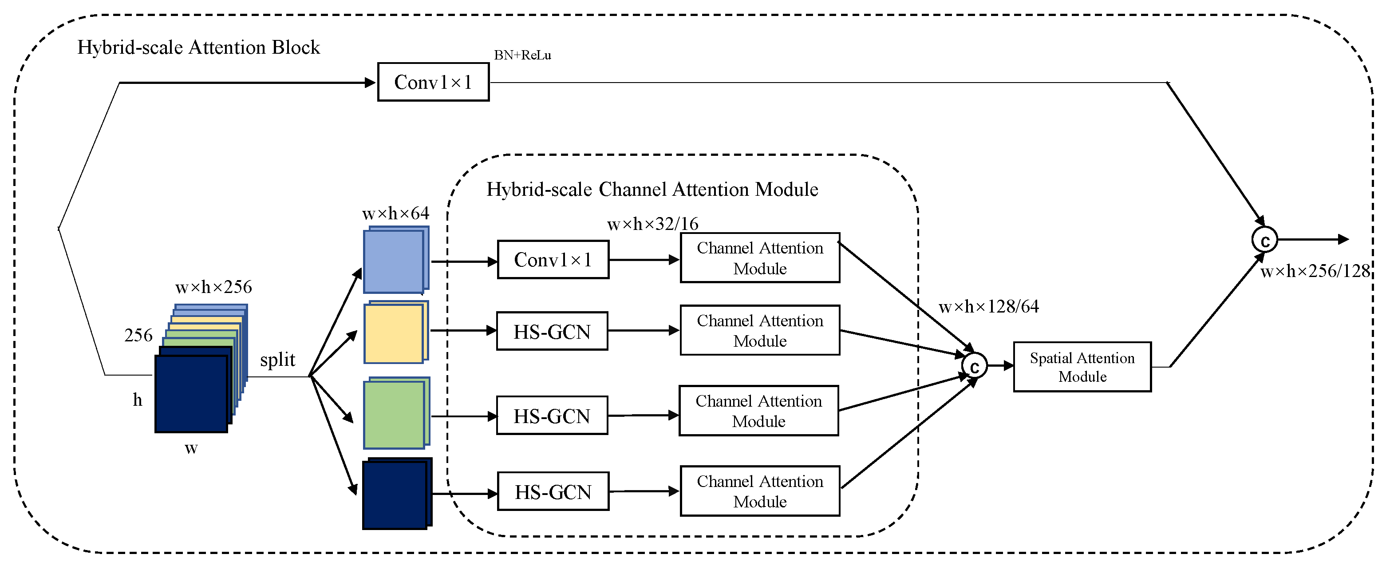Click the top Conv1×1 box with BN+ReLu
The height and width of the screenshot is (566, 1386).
433,82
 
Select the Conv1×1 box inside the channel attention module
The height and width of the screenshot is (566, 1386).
553,260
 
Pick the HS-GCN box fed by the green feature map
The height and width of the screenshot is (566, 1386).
552,416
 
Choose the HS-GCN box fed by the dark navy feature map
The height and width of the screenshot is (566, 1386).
553,491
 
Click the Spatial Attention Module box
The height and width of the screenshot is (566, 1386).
1082,367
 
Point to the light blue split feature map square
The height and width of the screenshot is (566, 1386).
394,261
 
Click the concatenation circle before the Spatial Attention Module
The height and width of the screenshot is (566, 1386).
975,366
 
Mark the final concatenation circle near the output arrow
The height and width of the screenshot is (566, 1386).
1264,240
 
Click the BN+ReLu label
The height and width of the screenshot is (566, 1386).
522,55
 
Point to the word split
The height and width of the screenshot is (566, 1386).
278,360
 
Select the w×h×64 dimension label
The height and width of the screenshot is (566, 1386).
395,214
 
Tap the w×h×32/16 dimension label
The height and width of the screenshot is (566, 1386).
653,224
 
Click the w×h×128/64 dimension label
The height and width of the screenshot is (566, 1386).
989,307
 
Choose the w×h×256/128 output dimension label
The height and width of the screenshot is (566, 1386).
1315,271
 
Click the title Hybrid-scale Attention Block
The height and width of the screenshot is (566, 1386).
198,47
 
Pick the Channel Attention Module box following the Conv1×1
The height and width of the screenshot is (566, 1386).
760,258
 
